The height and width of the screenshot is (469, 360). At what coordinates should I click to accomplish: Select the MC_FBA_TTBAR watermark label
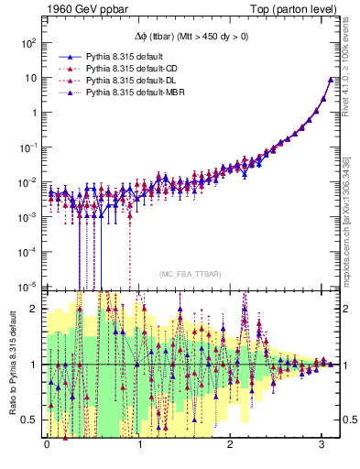(x=184, y=275)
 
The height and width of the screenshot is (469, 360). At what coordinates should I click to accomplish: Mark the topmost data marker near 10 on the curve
(x=331, y=80)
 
